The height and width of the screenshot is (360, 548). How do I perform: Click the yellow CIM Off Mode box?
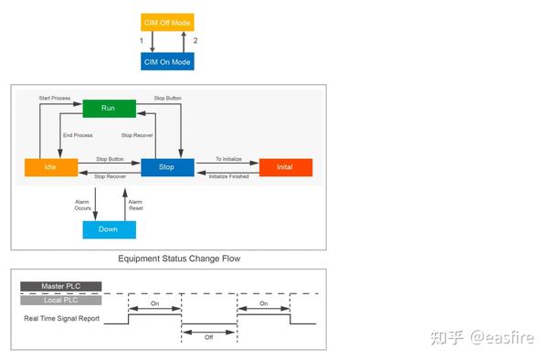[168, 22]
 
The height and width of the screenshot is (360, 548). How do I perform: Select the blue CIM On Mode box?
[168, 61]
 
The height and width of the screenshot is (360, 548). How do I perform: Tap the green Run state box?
[109, 108]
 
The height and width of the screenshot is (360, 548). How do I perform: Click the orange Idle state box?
[49, 167]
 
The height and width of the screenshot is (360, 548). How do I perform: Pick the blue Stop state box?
[167, 167]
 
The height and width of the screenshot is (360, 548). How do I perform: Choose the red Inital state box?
[285, 167]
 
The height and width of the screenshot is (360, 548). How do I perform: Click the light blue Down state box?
[109, 229]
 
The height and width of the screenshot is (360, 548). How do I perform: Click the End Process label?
[78, 135]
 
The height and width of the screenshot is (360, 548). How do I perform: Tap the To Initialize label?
[228, 159]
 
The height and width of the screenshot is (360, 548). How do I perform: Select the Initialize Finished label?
[228, 175]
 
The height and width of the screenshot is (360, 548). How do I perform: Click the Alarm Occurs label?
[83, 205]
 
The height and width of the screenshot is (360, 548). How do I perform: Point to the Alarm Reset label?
[135, 205]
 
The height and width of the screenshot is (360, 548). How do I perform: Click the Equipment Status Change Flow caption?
[179, 259]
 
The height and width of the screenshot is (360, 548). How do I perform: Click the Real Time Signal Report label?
[62, 319]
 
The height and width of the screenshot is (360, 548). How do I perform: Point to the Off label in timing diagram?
[208, 337]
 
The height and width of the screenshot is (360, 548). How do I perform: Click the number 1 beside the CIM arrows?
[142, 41]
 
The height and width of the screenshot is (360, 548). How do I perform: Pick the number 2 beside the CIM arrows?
[195, 41]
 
